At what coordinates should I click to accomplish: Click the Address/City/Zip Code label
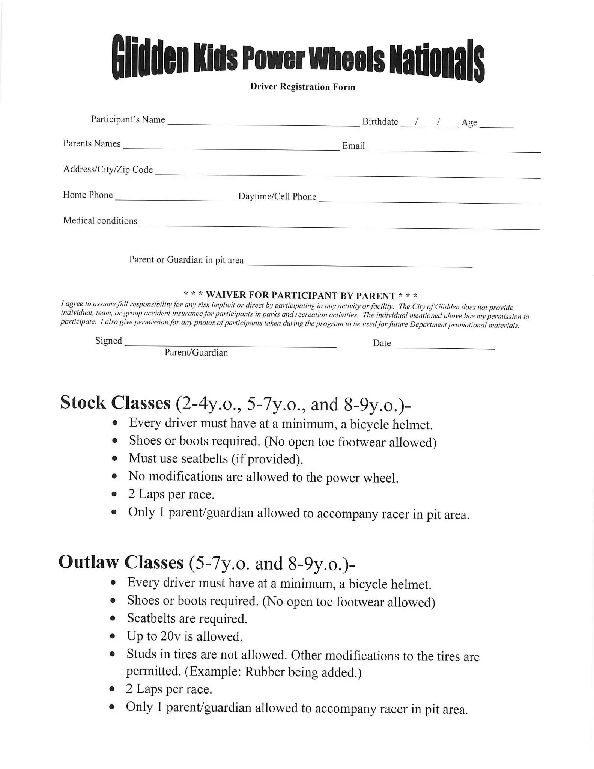tap(108, 169)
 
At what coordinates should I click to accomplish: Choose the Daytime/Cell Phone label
tap(277, 196)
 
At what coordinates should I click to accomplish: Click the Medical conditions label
tap(100, 220)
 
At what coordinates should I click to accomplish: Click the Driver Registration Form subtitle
tap(302, 87)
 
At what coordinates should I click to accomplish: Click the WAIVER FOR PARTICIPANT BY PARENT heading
tap(301, 295)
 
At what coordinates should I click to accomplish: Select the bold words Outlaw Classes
tap(121, 562)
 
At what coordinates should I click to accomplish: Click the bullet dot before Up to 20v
tap(112, 637)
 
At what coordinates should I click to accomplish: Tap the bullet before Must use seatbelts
tap(114, 458)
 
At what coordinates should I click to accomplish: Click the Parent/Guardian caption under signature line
tap(196, 353)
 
